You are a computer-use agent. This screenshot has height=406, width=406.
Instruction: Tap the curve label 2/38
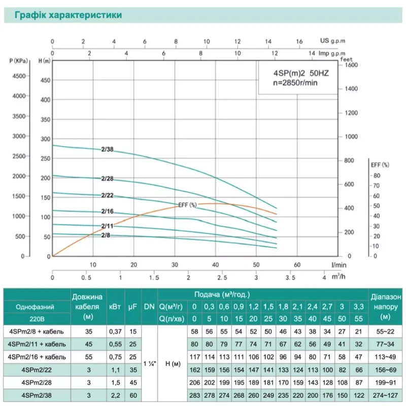[107, 149]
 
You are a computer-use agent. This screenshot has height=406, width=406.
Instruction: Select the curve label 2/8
[106, 235]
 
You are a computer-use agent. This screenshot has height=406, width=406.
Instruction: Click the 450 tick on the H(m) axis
[46, 80]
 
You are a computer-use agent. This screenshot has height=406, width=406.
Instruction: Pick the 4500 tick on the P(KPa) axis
[18, 76]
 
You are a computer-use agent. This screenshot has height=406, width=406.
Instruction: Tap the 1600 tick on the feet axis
[351, 65]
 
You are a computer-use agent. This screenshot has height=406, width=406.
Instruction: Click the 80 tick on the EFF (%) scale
[376, 176]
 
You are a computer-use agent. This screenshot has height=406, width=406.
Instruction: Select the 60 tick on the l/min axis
[297, 264]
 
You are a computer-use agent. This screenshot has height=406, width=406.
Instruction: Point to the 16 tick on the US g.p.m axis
[299, 41]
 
